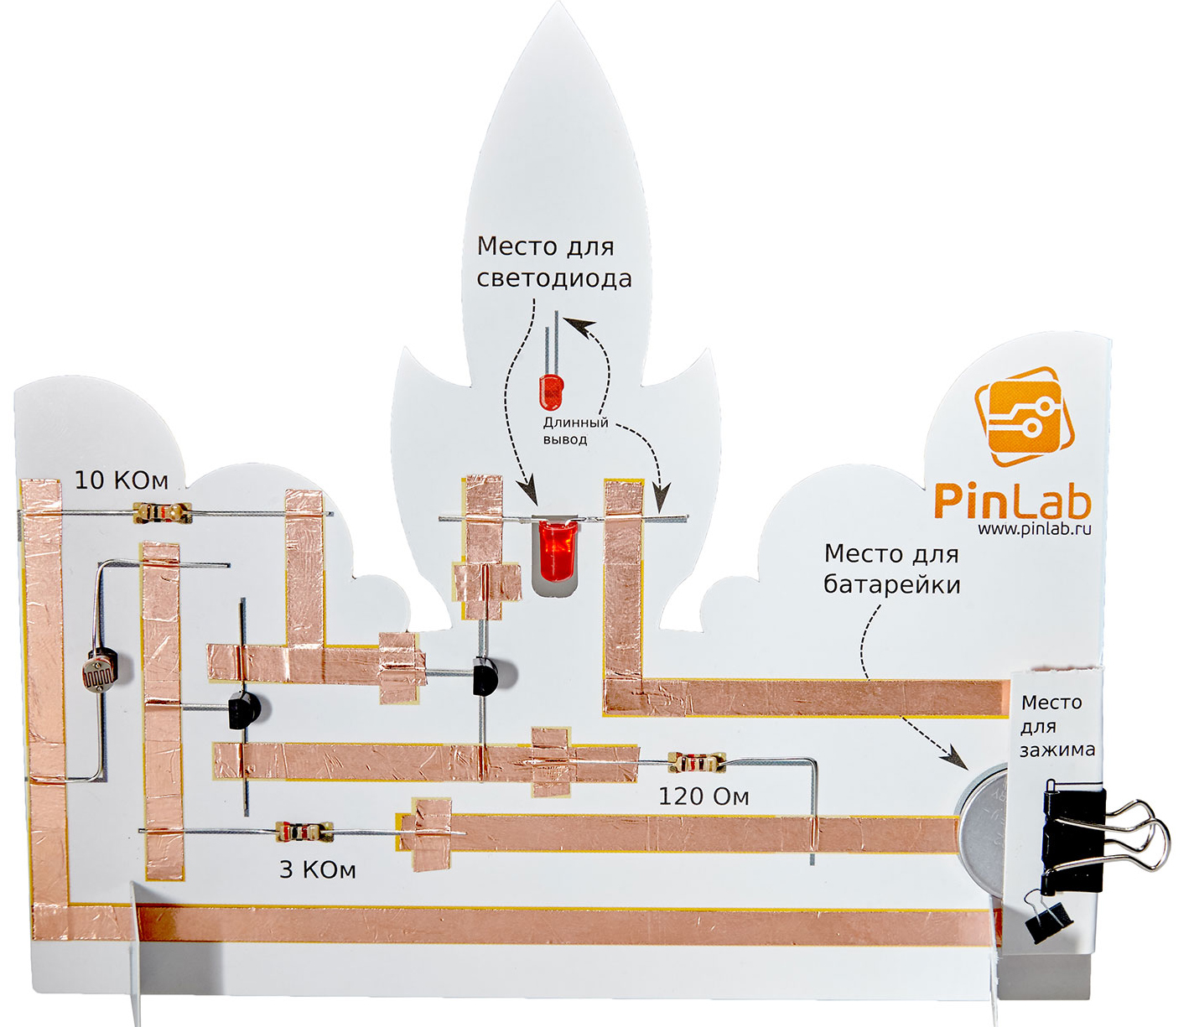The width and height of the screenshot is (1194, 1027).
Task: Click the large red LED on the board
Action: click(554, 550)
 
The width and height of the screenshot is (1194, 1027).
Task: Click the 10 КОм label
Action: click(122, 480)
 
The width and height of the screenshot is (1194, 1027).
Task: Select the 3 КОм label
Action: click(317, 869)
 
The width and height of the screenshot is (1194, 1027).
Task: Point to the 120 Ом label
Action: click(703, 796)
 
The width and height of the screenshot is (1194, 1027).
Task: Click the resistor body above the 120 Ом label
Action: click(696, 762)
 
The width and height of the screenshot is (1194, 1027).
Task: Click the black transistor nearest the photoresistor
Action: click(243, 711)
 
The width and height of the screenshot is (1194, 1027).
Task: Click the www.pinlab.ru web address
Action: click(1034, 528)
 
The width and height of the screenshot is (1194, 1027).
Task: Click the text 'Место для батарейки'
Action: click(891, 568)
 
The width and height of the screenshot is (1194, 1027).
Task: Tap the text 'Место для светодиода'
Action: click(553, 262)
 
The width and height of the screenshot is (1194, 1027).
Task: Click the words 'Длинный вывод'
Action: click(575, 431)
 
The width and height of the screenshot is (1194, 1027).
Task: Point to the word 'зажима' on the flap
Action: click(1056, 750)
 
